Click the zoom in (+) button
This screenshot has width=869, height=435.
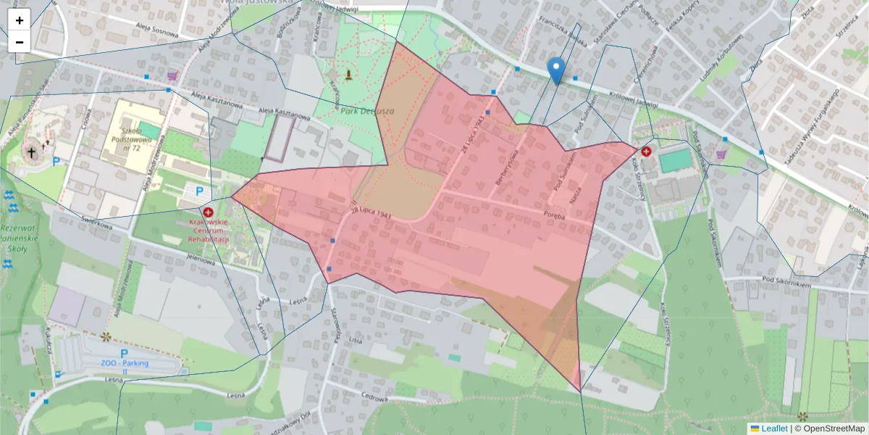(x=20, y=20)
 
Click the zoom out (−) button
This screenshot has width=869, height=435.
(x=20, y=42)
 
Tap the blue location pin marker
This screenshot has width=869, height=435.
(x=556, y=71)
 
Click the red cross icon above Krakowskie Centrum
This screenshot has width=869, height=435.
(x=209, y=212)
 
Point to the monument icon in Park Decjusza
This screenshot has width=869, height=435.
(x=349, y=75)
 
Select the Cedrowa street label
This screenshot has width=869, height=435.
(x=377, y=397)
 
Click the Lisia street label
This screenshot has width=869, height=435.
(x=355, y=339)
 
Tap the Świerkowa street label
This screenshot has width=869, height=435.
(x=98, y=225)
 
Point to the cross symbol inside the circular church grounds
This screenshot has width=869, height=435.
(x=31, y=152)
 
